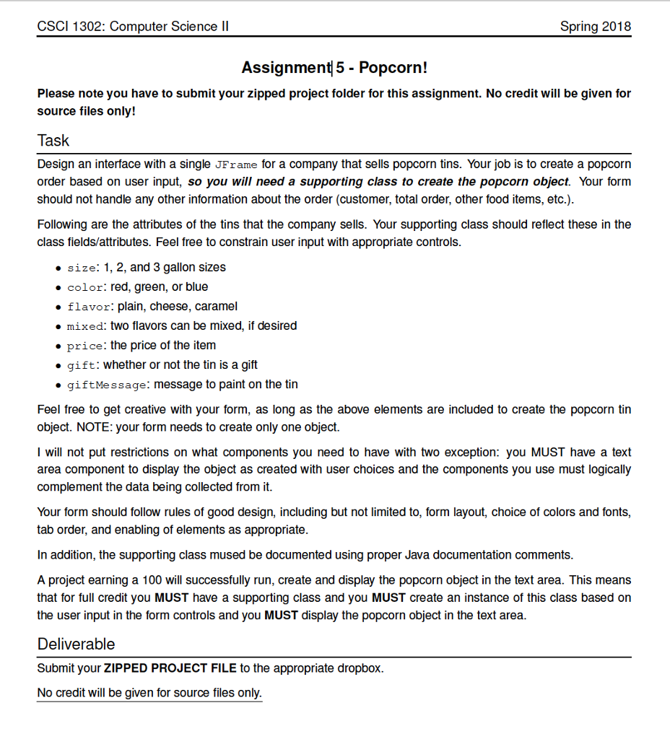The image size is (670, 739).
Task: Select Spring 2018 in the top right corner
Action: click(595, 27)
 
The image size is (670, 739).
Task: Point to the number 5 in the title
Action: click(340, 68)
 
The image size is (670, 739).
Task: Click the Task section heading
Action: click(53, 140)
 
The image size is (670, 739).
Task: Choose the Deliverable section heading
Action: click(76, 644)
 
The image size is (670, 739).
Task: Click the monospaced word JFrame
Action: click(235, 165)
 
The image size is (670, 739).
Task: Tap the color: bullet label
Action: click(85, 287)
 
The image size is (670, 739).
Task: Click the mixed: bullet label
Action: click(85, 326)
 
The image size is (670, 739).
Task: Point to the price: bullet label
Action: click(85, 346)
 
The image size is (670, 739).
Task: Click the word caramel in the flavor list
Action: click(216, 306)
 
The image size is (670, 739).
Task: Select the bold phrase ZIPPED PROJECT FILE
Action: click(170, 668)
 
